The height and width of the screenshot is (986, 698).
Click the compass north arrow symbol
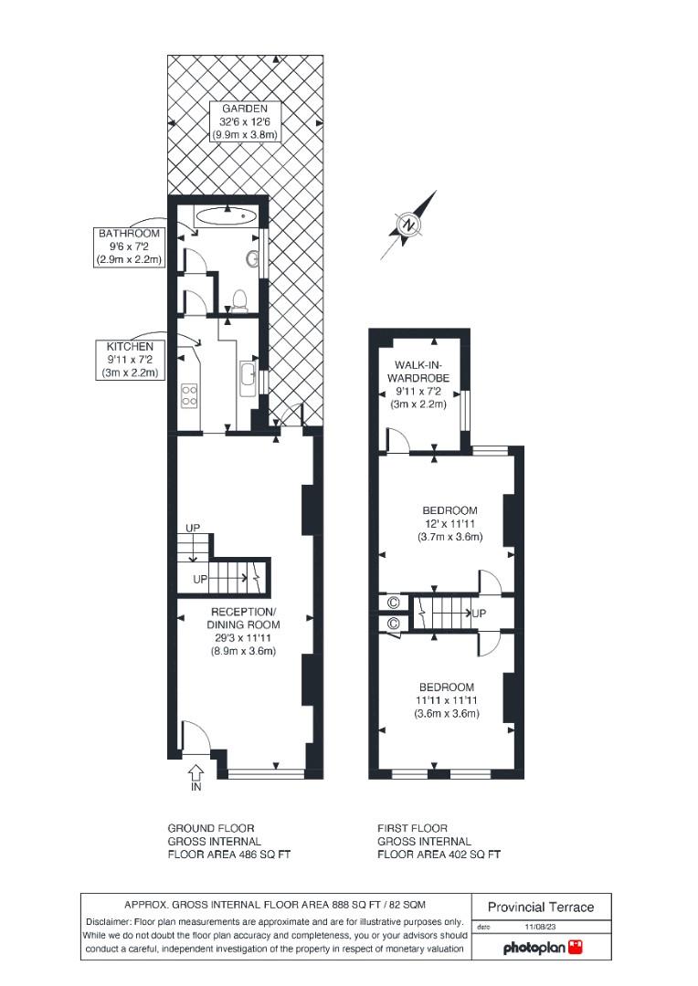408,225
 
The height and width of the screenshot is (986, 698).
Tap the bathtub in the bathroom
226,217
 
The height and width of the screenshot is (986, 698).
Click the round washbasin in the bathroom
251,259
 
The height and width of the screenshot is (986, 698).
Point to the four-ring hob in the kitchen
191,395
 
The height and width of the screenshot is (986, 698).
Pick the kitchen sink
248,378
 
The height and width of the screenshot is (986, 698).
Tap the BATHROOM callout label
129,246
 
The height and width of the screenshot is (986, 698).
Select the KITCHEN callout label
129,360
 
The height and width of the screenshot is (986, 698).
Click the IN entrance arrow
196,777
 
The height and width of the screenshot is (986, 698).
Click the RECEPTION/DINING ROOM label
242,631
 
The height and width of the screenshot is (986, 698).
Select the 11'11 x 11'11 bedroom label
447,700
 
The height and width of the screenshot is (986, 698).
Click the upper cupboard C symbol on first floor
394,603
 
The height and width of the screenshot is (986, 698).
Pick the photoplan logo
543,949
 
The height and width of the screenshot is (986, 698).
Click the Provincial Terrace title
541,907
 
